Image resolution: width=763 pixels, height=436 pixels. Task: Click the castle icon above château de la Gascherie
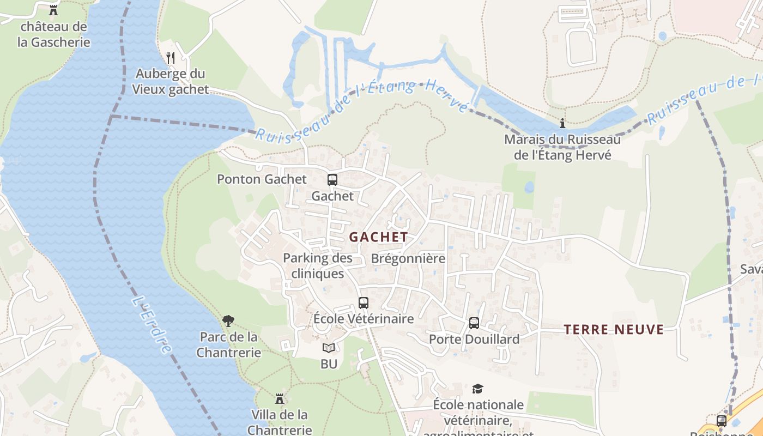(x=53, y=10)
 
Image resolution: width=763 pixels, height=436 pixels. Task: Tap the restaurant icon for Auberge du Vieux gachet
(x=171, y=57)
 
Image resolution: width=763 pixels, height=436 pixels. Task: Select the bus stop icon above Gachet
(x=332, y=179)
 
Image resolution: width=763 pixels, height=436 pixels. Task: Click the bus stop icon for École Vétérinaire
(x=364, y=303)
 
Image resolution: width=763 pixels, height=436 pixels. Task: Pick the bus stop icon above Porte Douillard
(x=474, y=323)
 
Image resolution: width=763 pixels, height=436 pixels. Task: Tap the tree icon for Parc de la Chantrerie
(x=228, y=321)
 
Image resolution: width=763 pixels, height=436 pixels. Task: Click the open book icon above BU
(x=328, y=348)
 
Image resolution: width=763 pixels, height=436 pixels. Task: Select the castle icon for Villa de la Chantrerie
(x=280, y=399)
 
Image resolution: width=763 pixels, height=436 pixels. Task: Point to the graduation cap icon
(x=477, y=389)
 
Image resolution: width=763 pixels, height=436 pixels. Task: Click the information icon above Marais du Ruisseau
(x=562, y=124)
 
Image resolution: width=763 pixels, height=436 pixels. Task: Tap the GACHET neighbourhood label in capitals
(x=378, y=237)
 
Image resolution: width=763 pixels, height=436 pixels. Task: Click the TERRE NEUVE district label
(x=614, y=329)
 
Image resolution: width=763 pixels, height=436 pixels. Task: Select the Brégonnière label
(x=408, y=258)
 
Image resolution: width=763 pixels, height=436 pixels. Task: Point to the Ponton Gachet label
(x=262, y=179)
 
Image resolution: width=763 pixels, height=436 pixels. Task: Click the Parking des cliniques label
(x=318, y=265)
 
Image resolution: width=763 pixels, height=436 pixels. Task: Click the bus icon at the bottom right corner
(x=721, y=421)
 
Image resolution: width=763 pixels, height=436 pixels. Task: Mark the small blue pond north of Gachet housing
(x=529, y=187)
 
